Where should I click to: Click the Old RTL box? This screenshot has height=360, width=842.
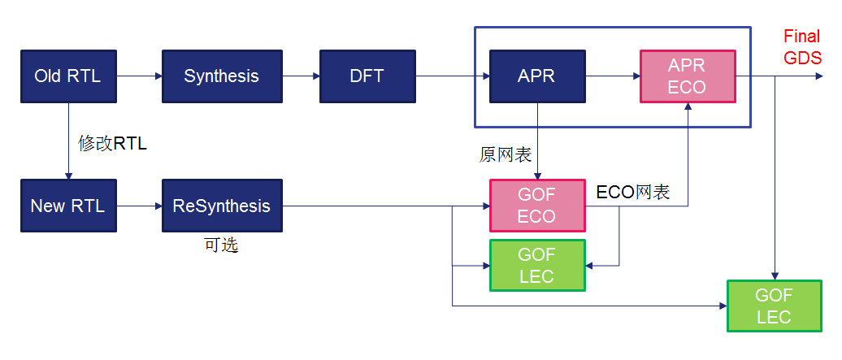click(68, 76)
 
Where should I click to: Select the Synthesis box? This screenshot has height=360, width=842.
click(221, 76)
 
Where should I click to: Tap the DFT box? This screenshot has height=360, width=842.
click(367, 76)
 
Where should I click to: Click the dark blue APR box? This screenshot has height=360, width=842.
click(536, 76)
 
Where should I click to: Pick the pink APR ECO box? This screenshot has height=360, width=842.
click(688, 76)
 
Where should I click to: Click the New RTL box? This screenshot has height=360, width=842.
click(68, 206)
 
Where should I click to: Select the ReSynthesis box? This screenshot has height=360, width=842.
click(221, 206)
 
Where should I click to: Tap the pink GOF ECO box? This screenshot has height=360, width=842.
click(536, 206)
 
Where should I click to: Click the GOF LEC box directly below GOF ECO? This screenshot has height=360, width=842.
click(536, 265)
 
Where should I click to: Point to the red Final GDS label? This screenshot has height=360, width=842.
click(802, 47)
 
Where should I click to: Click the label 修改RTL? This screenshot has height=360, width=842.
click(112, 143)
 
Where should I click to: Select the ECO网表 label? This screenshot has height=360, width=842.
click(633, 192)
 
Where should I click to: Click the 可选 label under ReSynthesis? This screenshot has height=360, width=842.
click(221, 245)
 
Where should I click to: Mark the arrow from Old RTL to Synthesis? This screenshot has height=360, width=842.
click(139, 76)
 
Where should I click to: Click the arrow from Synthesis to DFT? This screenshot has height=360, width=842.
click(301, 76)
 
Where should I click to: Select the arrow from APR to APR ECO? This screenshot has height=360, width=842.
click(612, 76)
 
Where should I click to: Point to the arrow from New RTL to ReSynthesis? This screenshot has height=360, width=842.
click(139, 206)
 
